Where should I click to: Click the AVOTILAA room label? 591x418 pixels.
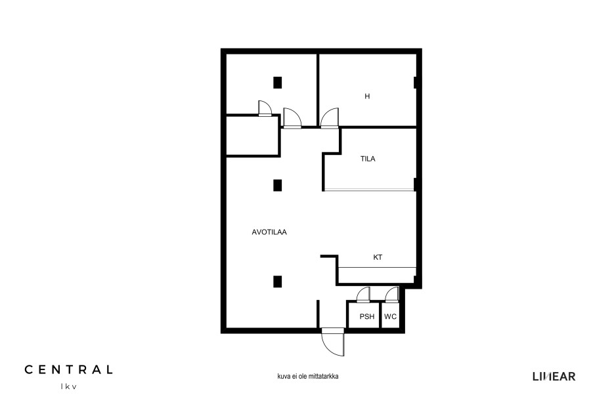269,232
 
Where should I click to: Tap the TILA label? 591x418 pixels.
368,159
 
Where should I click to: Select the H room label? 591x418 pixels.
367,96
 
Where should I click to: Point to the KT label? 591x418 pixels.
378,258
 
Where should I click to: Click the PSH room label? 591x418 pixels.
366,317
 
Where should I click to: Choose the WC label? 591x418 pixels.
391,317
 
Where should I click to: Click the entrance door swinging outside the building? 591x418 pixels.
333,342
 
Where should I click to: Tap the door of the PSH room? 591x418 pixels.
364,295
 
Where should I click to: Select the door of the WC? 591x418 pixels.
392,295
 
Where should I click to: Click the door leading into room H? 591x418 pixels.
330,118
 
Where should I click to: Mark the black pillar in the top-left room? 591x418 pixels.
277,83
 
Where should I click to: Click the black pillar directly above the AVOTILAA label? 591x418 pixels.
277,185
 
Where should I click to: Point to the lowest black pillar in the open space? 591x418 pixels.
277,282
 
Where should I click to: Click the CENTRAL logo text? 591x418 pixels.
68,369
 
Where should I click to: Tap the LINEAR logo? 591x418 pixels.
554,377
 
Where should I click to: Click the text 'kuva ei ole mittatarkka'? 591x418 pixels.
308,376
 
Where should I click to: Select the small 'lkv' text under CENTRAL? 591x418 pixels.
68,387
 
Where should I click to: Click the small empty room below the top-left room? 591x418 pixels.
252,136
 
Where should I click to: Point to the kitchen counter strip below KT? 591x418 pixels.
377,268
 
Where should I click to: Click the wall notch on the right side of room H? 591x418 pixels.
415,83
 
